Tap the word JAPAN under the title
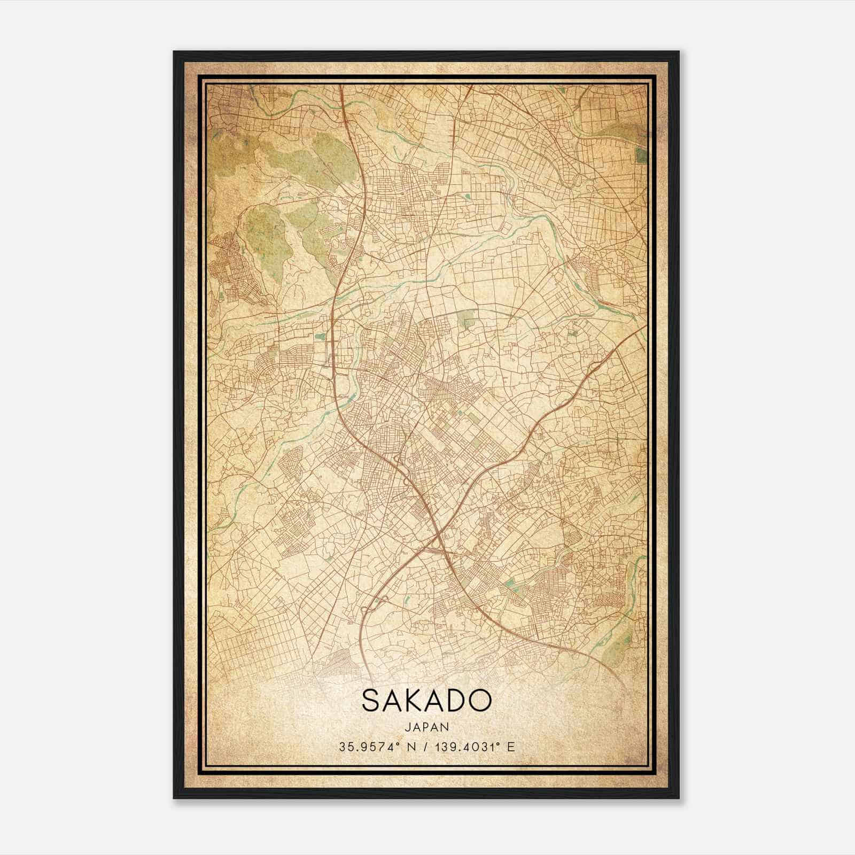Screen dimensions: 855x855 pyautogui.click(x=426, y=727)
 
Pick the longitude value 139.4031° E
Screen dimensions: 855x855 pyautogui.click(x=470, y=747)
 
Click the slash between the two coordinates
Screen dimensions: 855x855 pyautogui.click(x=426, y=747)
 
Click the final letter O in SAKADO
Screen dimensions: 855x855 pyautogui.click(x=480, y=700)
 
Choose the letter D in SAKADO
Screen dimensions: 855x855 pyautogui.click(x=458, y=700)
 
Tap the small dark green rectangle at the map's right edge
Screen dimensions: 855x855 pyautogui.click(x=640, y=156)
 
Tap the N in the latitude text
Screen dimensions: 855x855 pyautogui.click(x=410, y=747)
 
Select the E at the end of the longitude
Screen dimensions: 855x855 pyautogui.click(x=511, y=747)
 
